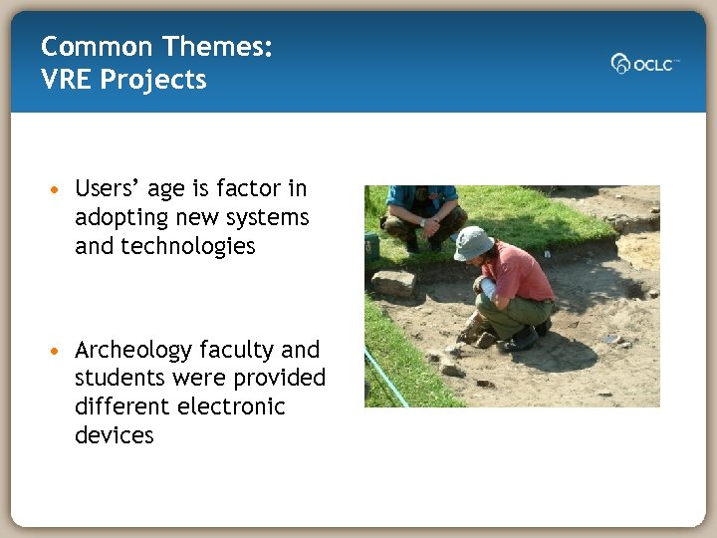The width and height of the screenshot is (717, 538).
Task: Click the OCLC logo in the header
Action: (x=644, y=64)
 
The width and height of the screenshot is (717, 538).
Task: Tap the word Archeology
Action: (x=133, y=351)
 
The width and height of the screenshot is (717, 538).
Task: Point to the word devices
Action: (x=114, y=435)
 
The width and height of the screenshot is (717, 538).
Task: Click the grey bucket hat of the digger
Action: (x=473, y=242)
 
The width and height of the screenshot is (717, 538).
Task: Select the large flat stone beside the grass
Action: (x=393, y=283)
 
